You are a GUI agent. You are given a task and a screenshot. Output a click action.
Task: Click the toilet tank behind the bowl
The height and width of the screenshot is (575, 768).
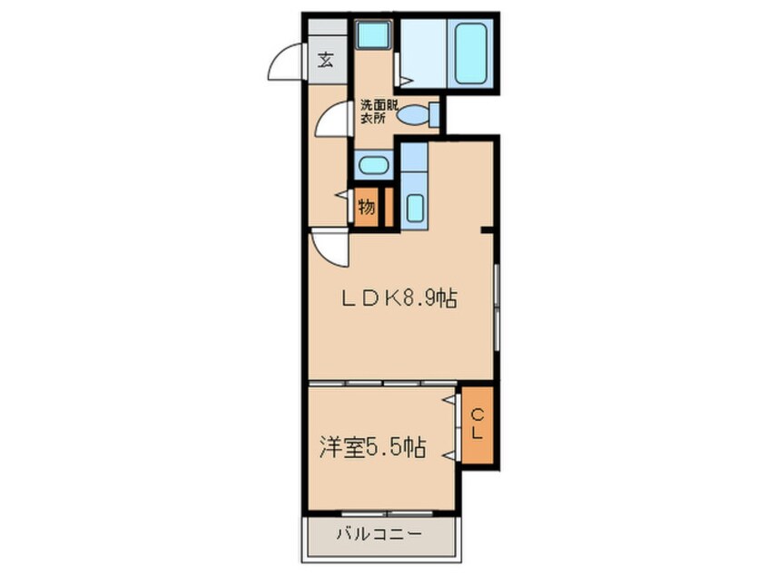tap(434, 115)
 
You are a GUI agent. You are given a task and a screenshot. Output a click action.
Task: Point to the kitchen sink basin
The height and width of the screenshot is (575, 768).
tap(415, 208)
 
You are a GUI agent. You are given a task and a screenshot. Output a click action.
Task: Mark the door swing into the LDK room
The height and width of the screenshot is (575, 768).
tap(329, 249)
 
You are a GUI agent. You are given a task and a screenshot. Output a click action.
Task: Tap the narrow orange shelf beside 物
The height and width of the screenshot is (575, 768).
tap(388, 207)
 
